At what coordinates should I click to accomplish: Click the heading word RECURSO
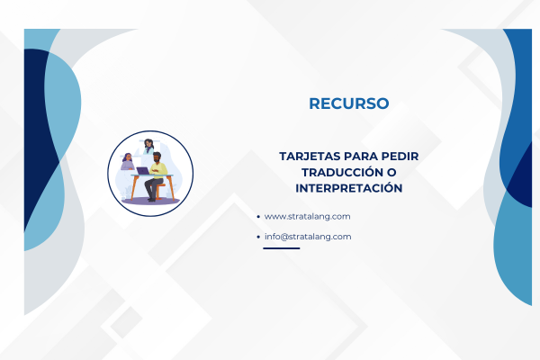(x=348, y=103)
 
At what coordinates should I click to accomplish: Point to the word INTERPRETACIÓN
(x=348, y=188)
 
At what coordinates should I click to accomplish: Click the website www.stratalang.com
(x=307, y=216)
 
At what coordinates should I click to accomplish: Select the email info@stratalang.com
(x=307, y=237)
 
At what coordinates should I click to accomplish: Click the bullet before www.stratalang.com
(x=258, y=217)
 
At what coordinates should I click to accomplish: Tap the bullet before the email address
(x=258, y=238)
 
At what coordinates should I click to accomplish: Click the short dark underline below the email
(x=281, y=248)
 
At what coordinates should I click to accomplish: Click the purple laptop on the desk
(x=142, y=169)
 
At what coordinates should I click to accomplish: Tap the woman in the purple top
(x=128, y=163)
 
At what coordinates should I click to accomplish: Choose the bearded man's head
(x=157, y=157)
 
